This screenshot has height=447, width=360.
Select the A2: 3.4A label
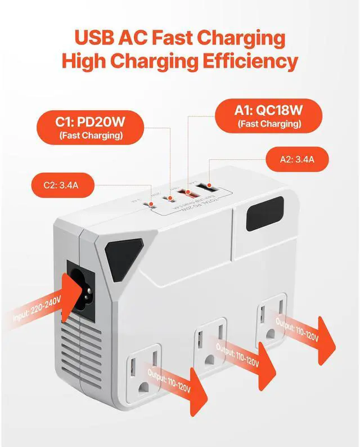296,159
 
